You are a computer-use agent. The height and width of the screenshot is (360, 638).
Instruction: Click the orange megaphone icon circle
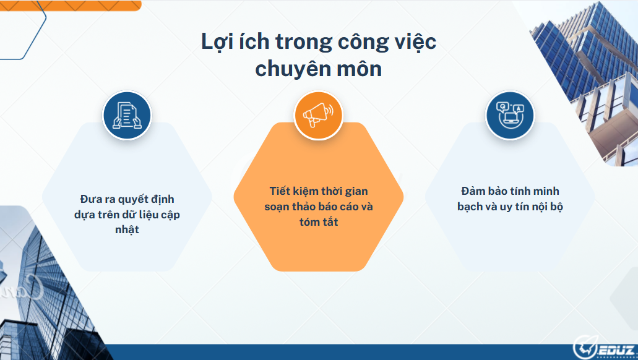coord(318,115)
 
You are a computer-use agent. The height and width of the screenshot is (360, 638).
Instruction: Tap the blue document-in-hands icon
coord(127,115)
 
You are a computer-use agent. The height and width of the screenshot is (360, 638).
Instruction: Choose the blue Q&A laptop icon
coord(509,115)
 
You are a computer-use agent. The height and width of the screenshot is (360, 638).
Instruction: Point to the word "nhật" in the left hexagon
coord(127,229)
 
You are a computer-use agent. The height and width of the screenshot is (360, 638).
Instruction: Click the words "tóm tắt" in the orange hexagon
coord(318,221)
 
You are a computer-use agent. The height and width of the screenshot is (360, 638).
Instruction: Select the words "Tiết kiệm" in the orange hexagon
coord(293,191)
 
